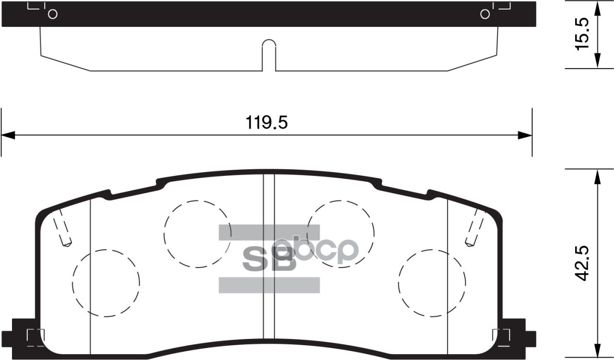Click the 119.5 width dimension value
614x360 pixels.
point(267,123)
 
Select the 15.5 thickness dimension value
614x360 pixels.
point(581,35)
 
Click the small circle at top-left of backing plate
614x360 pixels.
point(53,14)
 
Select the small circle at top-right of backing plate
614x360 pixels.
point(485,14)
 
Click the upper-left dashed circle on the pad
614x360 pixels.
point(197,233)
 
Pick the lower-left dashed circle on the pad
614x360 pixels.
point(106,283)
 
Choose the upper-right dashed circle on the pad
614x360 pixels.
point(340,233)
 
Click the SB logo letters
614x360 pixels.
point(269,259)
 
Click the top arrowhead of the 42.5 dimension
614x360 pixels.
point(597,176)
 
